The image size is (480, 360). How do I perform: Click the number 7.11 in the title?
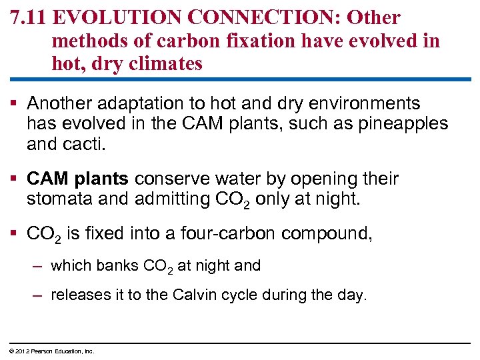[x=30, y=17]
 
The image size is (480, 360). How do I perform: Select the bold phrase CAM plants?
[x=79, y=179]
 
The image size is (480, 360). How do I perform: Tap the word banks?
[x=118, y=265]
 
